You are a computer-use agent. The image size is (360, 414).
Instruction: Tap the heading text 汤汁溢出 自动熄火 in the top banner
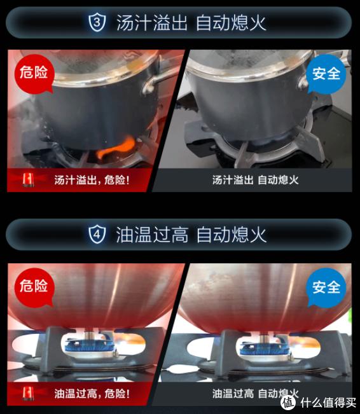191,24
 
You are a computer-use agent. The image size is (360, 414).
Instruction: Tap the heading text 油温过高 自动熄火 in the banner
191,235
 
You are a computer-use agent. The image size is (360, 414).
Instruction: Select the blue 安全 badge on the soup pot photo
327,74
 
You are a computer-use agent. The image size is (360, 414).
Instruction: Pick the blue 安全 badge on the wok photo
327,287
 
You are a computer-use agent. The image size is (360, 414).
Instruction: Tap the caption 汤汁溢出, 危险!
92,181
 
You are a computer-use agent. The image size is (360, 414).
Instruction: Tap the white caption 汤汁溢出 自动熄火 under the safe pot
255,181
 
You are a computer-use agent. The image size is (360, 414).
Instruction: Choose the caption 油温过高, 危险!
92,393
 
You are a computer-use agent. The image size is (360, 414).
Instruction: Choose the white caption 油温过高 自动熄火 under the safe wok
255,393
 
